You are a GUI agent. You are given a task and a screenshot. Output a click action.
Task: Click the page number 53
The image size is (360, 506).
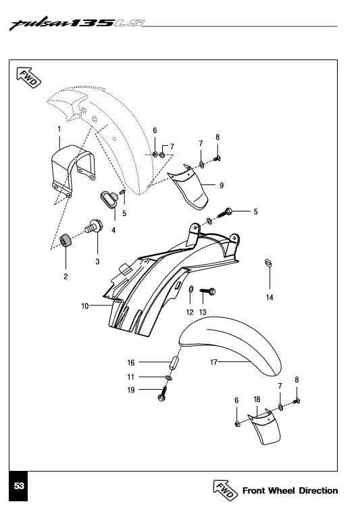[19, 486]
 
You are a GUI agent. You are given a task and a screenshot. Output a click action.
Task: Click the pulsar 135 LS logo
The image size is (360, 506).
[77, 23]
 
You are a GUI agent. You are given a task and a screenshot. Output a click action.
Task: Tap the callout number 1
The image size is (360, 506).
[59, 129]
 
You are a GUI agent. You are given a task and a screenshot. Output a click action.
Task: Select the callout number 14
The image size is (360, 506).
[269, 297]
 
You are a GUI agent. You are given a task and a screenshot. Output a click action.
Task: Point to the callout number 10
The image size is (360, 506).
[85, 306]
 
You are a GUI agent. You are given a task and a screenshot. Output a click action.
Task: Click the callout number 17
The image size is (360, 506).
[213, 362]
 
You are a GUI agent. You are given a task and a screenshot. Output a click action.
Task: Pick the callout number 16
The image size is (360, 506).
[130, 363]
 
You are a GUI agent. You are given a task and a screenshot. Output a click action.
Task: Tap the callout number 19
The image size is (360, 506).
[130, 390]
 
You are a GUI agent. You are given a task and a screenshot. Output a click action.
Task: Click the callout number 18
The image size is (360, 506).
[257, 399]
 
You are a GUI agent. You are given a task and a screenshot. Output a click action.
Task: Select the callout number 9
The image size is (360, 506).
[222, 186]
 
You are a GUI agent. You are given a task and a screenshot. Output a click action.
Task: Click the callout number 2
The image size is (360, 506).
[66, 276]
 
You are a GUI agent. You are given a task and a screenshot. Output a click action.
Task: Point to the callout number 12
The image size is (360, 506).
[190, 312]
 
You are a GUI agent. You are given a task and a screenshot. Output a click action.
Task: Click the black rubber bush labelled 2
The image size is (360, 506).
[66, 241]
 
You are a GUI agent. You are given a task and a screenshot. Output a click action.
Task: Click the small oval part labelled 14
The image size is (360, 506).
[268, 263]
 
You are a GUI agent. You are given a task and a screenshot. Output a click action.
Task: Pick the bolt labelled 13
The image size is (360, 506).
[208, 291]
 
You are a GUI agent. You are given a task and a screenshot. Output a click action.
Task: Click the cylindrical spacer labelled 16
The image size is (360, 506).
[174, 362]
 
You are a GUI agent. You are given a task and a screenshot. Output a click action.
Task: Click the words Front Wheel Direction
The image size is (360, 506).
[290, 491]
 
